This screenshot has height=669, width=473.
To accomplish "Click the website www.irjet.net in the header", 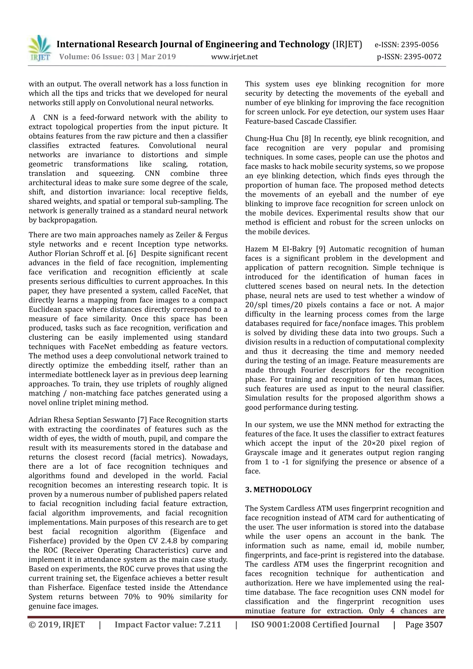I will [x=234, y=57].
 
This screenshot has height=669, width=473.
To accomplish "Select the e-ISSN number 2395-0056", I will [x=420, y=45].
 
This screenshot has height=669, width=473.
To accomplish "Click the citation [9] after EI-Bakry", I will [x=321, y=249].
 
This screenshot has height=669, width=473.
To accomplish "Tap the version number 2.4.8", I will [x=166, y=541].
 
